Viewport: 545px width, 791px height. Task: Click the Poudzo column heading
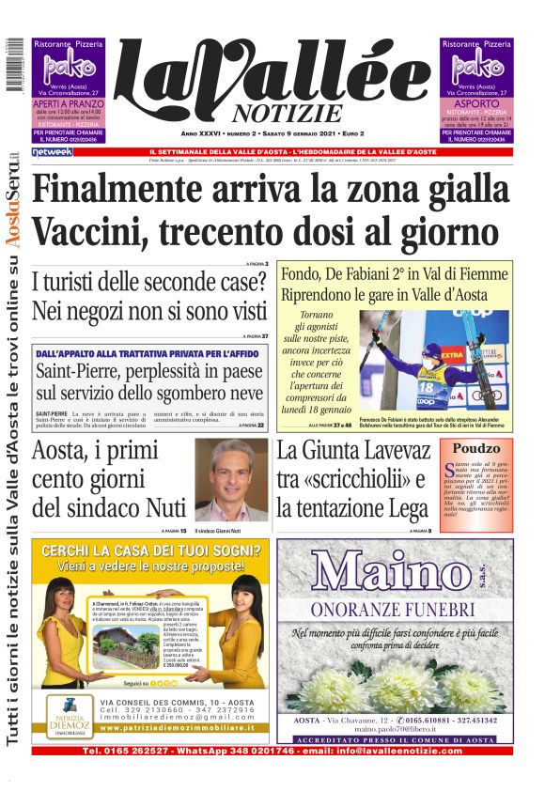(476, 448)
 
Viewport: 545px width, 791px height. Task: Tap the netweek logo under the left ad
(52, 151)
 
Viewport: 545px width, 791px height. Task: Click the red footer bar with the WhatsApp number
(272, 751)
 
